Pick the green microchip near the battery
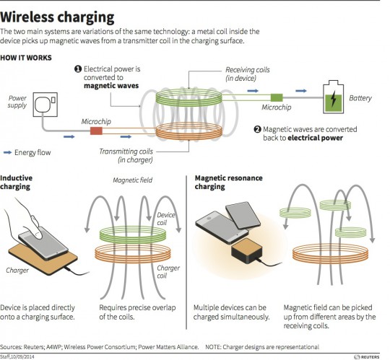[274, 97]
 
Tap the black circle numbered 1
[79, 69]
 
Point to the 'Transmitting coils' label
[127, 153]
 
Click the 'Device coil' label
[166, 219]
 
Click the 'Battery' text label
[361, 97]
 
